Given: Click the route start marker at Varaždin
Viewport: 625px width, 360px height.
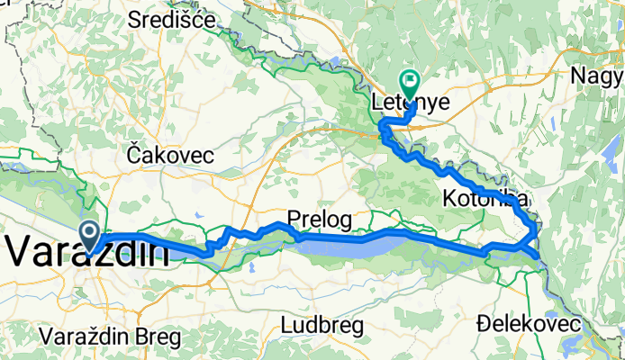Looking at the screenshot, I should [x=91, y=234].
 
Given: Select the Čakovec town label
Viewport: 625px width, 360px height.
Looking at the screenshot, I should [x=170, y=155].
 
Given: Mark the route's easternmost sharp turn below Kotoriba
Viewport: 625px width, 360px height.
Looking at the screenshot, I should [x=539, y=256].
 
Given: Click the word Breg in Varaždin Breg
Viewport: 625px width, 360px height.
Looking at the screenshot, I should [x=156, y=338].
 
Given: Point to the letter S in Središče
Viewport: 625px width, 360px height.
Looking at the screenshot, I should [x=136, y=18].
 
